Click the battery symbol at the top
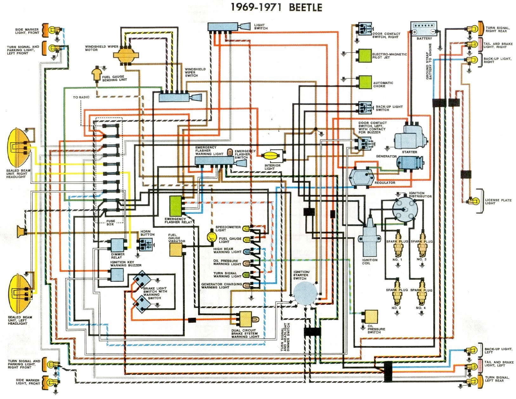(424, 28)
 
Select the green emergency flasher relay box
(175, 206)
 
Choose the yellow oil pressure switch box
(371, 316)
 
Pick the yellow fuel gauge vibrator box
(175, 249)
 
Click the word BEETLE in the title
(305, 7)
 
